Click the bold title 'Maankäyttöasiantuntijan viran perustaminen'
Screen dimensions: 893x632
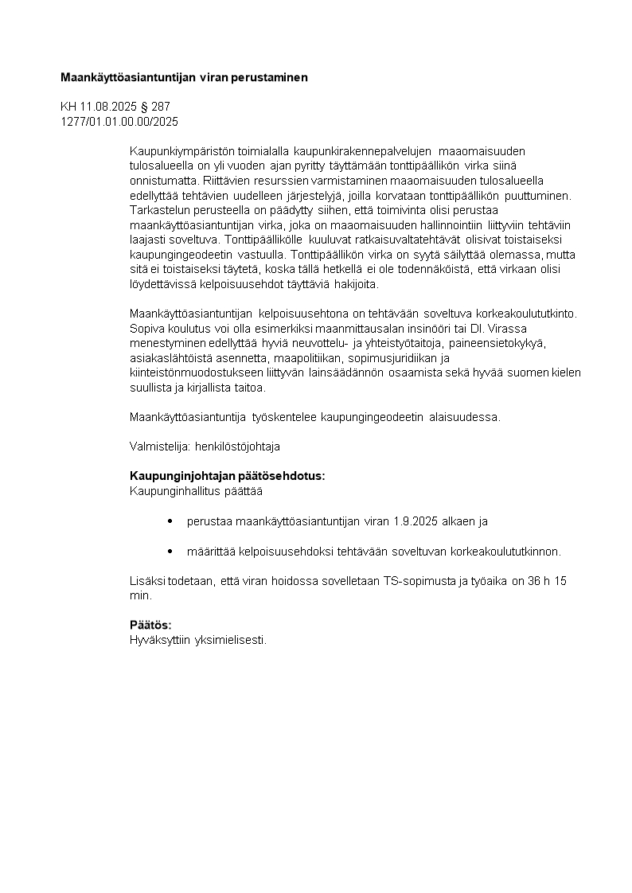(x=184, y=78)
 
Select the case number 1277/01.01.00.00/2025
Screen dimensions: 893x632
(x=119, y=122)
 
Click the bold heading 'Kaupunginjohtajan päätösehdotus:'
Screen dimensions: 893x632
(x=227, y=476)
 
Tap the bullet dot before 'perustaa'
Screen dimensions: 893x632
(x=170, y=521)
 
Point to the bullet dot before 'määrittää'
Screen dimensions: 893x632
(x=170, y=551)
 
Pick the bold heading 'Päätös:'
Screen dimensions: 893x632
(x=150, y=625)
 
